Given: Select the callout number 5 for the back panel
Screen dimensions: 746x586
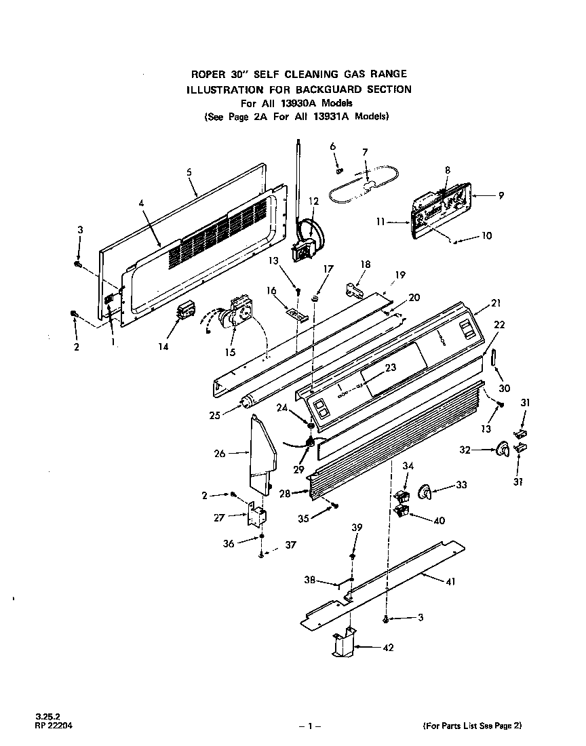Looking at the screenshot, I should [189, 172].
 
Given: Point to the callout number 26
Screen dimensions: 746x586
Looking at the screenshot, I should [220, 453].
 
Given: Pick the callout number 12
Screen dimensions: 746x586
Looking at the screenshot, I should [313, 201].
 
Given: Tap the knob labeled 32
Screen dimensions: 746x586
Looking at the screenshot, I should [503, 449].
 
